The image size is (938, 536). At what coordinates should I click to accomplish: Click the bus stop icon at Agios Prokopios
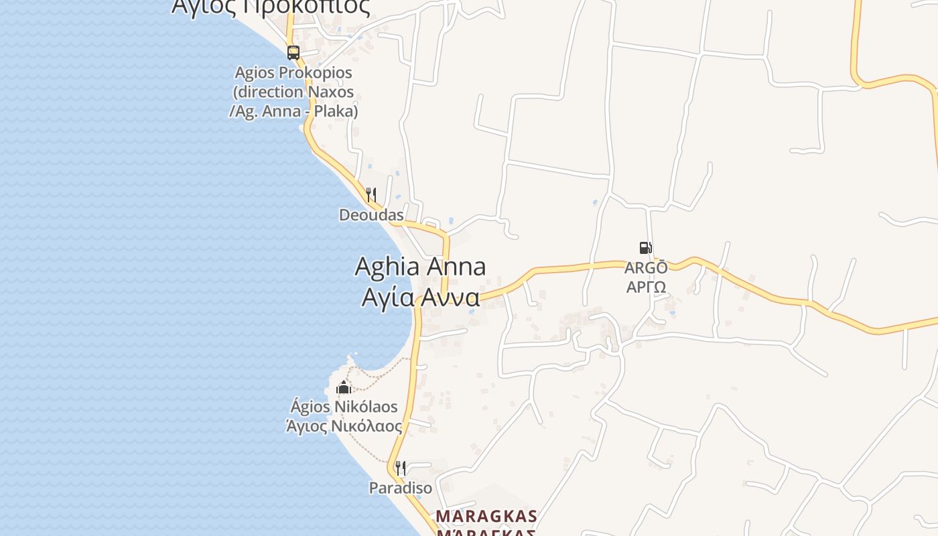pos(293,52)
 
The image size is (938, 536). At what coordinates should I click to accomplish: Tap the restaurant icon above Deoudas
pos(371,195)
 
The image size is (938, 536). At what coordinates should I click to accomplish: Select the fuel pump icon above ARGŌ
pos(645,248)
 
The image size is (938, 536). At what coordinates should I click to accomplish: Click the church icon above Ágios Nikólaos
pos(344,387)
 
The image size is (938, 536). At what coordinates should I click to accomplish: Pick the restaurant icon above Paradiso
pos(400,468)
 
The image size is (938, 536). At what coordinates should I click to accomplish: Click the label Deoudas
pos(371,215)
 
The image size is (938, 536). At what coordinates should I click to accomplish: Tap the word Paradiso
pos(401,488)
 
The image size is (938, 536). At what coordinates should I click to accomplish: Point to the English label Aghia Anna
pos(420,267)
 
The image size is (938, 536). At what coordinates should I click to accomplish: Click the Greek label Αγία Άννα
pos(421,297)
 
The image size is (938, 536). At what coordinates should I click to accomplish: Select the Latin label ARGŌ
pos(646,268)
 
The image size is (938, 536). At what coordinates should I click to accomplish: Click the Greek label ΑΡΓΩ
pos(646,287)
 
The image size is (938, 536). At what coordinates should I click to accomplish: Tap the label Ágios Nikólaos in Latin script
pos(344,407)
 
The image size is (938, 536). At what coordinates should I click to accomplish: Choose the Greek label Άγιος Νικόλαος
pos(344,426)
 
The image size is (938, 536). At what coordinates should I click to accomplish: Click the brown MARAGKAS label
pos(486,517)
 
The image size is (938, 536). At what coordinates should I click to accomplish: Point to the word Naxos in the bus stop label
pos(330,92)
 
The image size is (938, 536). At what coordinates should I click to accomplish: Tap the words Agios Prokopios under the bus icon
pos(293,72)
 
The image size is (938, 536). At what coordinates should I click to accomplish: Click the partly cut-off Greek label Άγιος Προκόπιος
pos(271,7)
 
